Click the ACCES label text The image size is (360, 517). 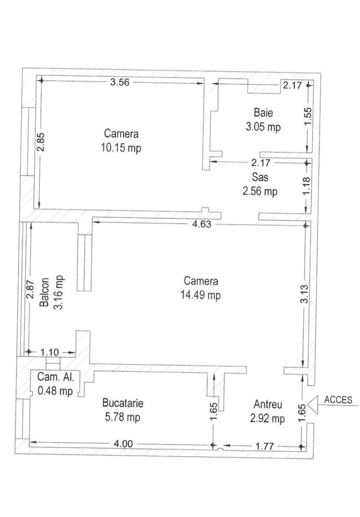[x=338, y=400]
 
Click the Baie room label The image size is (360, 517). [x=263, y=112]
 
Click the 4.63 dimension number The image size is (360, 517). [x=202, y=225]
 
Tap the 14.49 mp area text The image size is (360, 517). [x=201, y=296]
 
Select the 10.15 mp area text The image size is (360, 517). [x=121, y=147]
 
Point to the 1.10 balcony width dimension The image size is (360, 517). [x=49, y=352]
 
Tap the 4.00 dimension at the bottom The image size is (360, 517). [x=123, y=444]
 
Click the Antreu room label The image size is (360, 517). [x=268, y=404]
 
